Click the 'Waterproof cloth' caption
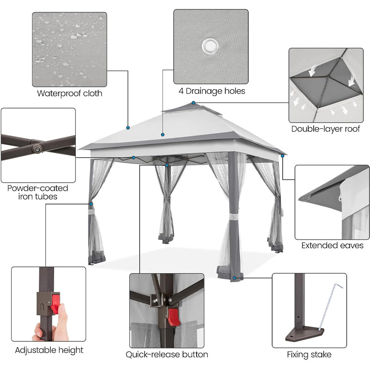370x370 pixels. click(70, 93)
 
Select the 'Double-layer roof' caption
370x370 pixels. click(326, 129)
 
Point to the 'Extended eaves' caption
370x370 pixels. click(332, 246)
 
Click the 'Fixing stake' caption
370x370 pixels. click(309, 355)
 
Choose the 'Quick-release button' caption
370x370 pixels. click(167, 355)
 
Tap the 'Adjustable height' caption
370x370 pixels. click(49, 350)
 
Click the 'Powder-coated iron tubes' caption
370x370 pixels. click(38, 192)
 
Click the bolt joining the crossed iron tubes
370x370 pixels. click(36, 148)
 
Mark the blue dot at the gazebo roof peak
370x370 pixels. click(194, 102)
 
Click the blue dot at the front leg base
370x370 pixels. click(235, 278)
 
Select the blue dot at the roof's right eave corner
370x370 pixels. click(283, 155)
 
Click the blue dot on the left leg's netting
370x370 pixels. click(91, 204)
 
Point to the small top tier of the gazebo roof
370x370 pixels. click(192, 109)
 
